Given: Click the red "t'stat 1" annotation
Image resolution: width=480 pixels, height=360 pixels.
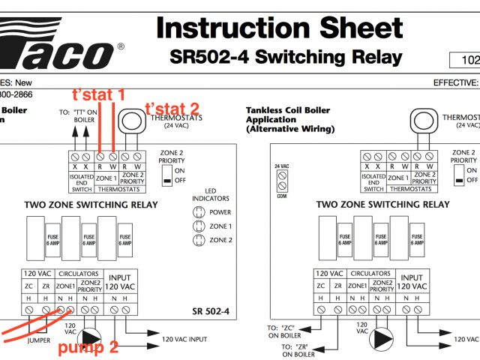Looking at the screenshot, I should tap(98, 95).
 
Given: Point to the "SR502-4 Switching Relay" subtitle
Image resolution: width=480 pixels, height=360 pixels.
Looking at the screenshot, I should tap(286, 57).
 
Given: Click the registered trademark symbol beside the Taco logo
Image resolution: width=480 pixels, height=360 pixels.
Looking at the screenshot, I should tap(121, 46).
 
